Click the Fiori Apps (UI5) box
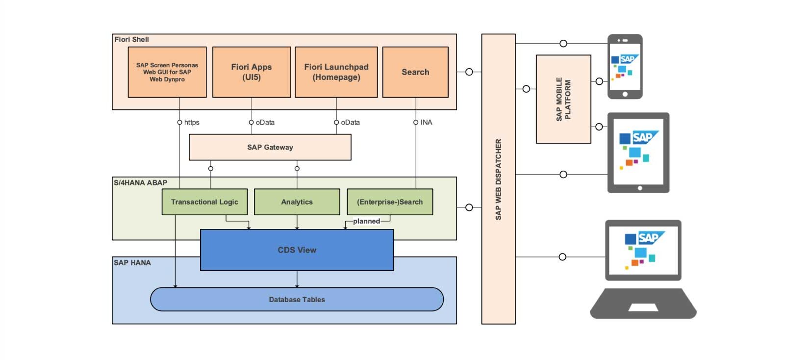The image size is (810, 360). pos(252,72)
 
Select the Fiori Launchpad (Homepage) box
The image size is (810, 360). pos(336,72)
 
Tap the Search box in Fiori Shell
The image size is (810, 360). pos(415,72)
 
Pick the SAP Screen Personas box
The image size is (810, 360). pos(167,72)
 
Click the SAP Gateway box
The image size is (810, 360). pos(270,147)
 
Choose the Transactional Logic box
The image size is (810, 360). pos(204,202)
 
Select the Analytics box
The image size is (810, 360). pos(297,202)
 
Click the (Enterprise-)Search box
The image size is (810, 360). pos(390,202)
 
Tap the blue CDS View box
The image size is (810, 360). pos(297,250)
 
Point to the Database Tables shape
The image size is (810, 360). pos(297,300)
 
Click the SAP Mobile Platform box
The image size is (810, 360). pos(563,99)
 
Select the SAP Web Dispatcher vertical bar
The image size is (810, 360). pos(498,179)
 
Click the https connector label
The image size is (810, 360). pos(192,123)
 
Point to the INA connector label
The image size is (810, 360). pos(426,123)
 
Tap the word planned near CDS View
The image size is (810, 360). pos(366,221)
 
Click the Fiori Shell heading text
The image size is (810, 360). pos(131,40)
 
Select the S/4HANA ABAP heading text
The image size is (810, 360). pos(140,183)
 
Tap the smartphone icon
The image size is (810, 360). pos(625,67)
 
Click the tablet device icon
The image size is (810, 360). pos(638,153)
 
